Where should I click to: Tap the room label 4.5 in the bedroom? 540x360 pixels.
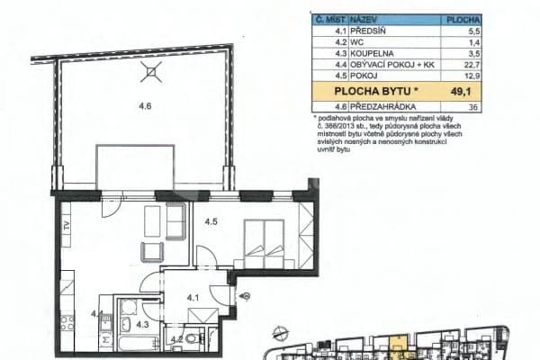[x=212, y=220]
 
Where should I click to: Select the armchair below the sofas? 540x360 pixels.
[x=149, y=251]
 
